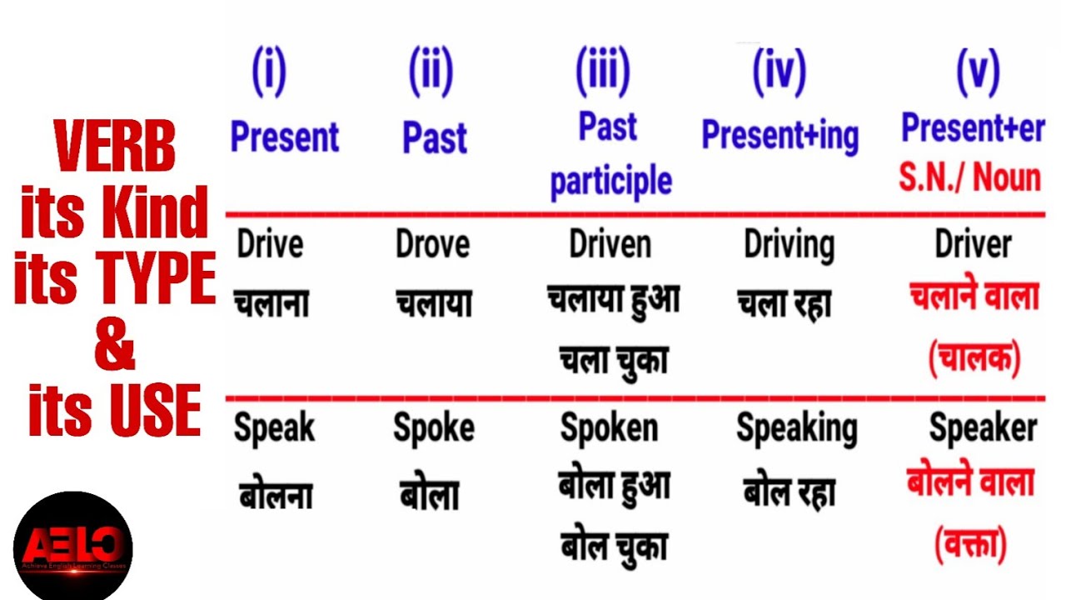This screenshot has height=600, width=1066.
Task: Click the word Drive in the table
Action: pyautogui.click(x=270, y=245)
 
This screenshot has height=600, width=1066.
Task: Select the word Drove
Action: pyautogui.click(x=433, y=245)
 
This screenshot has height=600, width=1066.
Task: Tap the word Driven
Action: pyautogui.click(x=610, y=245)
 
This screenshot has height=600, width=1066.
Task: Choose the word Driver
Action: pyautogui.click(x=973, y=245)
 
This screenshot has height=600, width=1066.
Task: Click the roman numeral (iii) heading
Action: pyautogui.click(x=602, y=72)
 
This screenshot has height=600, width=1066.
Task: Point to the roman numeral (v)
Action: pyautogui.click(x=977, y=72)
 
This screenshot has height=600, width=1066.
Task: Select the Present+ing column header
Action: pyautogui.click(x=780, y=136)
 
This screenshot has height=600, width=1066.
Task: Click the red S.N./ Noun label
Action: pyautogui.click(x=969, y=177)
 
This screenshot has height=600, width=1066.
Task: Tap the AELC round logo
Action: pyautogui.click(x=73, y=546)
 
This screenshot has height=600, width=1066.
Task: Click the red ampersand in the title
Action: pyautogui.click(x=114, y=347)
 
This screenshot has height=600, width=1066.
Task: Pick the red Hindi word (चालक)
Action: pyautogui.click(x=974, y=358)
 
